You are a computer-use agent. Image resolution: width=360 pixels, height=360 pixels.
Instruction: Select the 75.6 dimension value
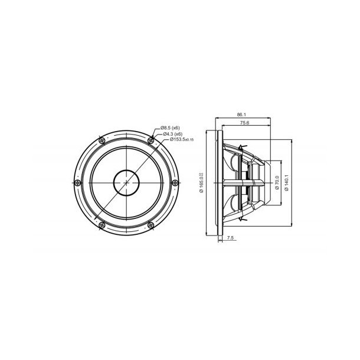244,123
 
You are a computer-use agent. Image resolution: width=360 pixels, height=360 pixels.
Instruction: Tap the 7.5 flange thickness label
230,238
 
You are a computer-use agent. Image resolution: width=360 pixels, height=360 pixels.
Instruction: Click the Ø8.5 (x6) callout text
172,127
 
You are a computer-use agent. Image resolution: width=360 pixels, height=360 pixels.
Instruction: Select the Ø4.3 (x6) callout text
172,133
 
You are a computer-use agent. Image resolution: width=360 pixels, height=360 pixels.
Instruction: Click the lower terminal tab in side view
243,220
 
